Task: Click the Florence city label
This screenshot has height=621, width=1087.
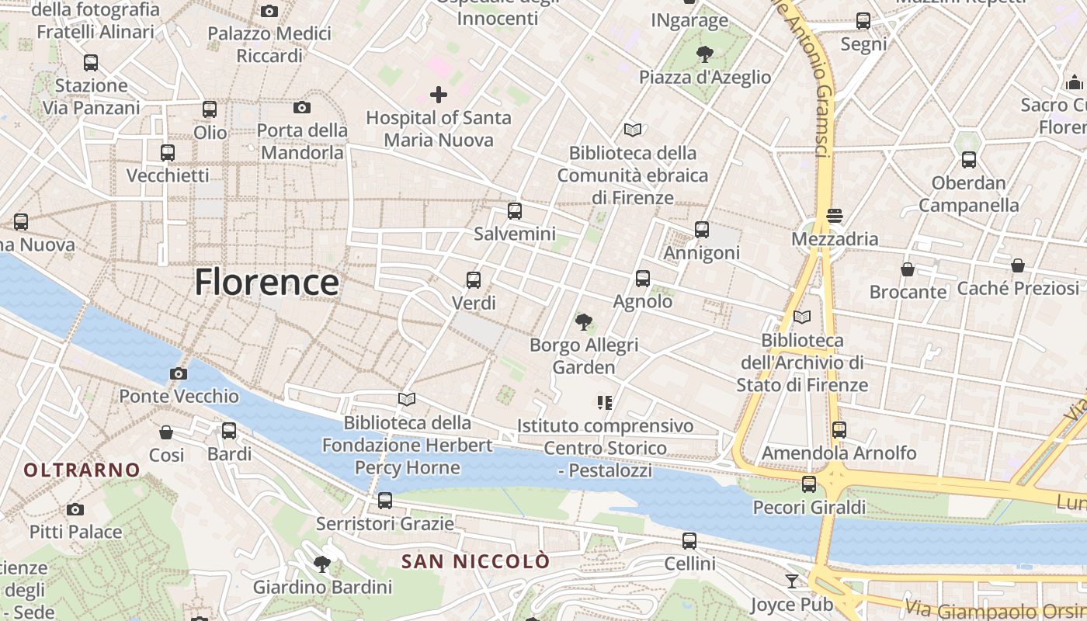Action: (x=266, y=282)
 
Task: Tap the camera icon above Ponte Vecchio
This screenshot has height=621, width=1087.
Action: (x=178, y=374)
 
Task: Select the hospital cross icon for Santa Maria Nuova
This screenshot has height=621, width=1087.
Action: (x=439, y=95)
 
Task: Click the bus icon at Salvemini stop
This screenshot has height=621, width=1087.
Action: (x=514, y=211)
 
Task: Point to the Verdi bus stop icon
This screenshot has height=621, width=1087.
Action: (x=474, y=280)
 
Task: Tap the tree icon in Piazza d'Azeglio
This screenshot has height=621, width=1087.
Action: (x=704, y=54)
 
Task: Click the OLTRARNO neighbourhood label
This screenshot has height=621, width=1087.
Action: (x=82, y=470)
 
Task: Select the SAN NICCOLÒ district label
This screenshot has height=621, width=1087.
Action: (x=475, y=561)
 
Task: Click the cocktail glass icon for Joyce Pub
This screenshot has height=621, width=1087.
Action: (x=791, y=581)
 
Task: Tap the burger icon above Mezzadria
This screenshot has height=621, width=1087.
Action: (x=835, y=216)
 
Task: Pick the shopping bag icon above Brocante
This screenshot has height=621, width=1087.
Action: (x=907, y=269)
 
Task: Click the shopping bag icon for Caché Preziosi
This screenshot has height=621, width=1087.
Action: (x=1017, y=265)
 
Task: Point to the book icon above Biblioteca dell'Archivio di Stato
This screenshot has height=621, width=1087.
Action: (x=802, y=317)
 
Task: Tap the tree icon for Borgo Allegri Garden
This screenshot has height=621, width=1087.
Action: (x=583, y=321)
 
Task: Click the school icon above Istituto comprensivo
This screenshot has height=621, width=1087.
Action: (x=605, y=402)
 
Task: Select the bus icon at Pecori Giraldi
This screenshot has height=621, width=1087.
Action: (x=809, y=484)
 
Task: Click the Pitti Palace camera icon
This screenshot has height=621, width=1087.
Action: (x=75, y=509)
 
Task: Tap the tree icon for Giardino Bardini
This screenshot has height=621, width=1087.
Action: (x=321, y=564)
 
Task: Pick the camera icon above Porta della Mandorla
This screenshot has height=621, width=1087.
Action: (x=302, y=107)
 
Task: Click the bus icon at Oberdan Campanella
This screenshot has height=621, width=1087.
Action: (x=968, y=160)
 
